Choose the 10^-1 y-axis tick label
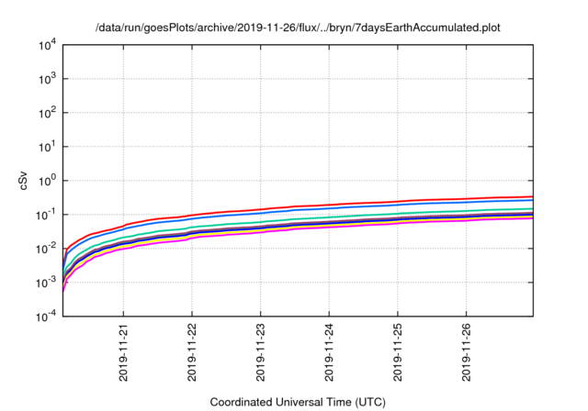[x=46, y=215]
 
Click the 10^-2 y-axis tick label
[x=46, y=249]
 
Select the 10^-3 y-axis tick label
[x=46, y=283]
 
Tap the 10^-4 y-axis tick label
[x=46, y=317]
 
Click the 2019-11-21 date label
[x=123, y=352]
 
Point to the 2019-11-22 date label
[x=192, y=352]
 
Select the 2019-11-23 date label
[x=261, y=352]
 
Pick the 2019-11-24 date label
[x=330, y=352]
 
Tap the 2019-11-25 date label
[x=398, y=352]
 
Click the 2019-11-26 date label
[x=467, y=352]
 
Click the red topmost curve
[x=367, y=203]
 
